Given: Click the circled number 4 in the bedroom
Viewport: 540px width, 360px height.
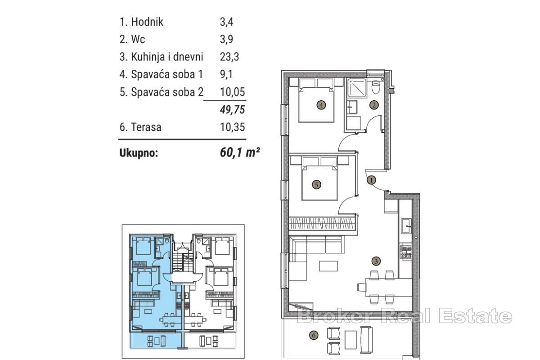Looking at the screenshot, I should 321,105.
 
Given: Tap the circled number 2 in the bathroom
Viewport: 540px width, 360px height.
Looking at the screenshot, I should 374,105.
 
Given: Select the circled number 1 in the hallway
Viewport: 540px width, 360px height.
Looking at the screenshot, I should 371,180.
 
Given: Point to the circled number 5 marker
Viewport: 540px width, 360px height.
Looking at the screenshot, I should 316,184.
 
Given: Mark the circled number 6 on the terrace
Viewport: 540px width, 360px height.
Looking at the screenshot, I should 313,335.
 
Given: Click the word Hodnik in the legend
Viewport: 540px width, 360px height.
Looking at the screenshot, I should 147,22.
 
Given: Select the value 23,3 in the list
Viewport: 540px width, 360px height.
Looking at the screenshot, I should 229,57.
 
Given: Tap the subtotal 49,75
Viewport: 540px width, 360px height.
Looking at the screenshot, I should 233,109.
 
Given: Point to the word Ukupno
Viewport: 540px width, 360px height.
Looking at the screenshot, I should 139,153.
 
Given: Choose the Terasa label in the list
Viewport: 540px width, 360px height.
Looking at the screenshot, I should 146,127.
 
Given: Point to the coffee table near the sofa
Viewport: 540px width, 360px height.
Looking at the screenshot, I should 328,266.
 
